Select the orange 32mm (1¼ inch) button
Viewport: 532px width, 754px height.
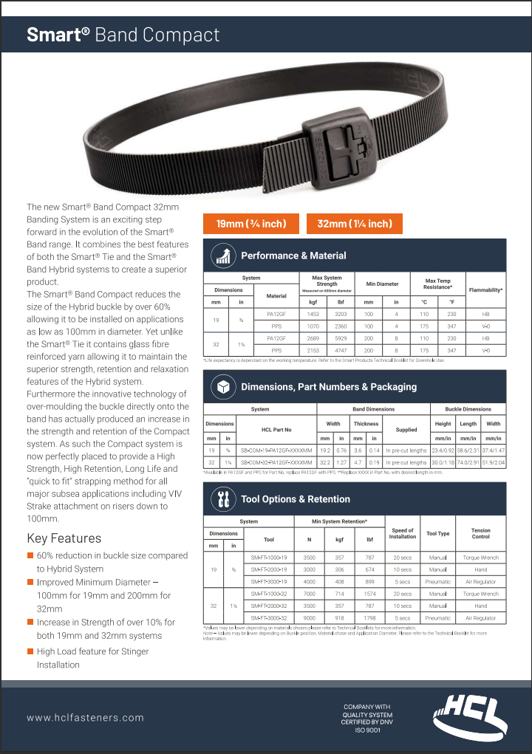[x=355, y=224]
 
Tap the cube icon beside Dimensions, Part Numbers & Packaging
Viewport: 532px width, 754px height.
[x=222, y=386]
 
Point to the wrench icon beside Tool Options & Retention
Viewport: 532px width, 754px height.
[x=222, y=498]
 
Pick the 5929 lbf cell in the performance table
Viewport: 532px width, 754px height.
[x=341, y=338]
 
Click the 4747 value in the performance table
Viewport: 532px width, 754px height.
[x=341, y=350]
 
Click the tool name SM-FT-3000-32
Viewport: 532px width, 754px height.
[x=269, y=618]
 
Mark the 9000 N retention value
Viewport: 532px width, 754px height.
[x=309, y=618]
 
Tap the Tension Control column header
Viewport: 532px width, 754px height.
[x=480, y=533]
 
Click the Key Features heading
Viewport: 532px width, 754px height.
[x=64, y=538]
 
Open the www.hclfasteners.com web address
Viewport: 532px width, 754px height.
[x=86, y=717]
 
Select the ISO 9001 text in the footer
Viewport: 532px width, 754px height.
[x=366, y=730]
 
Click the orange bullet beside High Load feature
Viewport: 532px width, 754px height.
[x=30, y=651]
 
